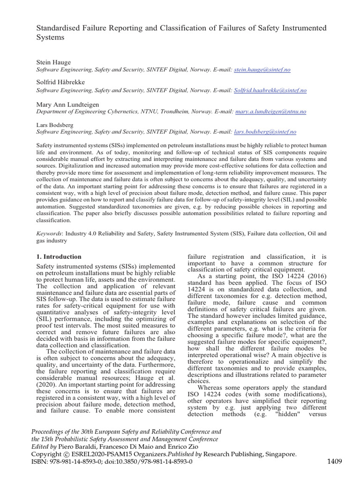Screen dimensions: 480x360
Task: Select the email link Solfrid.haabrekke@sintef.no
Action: point(270,90)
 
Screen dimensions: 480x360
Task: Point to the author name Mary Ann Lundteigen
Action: point(68,104)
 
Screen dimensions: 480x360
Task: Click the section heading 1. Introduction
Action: point(59,256)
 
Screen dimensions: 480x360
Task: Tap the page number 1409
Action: point(334,461)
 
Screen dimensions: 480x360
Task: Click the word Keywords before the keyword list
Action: point(49,233)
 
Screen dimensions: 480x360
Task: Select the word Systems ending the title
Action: point(50,37)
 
